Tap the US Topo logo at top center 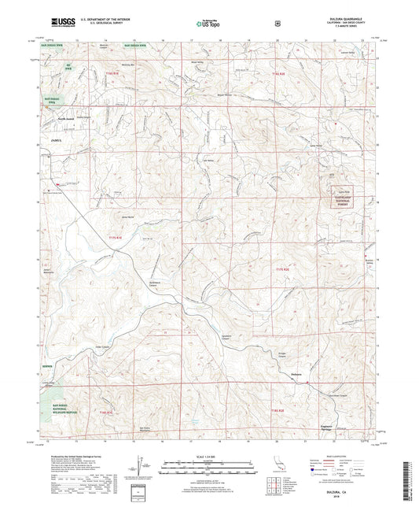tap(208, 24)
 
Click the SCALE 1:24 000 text tap(208, 457)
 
